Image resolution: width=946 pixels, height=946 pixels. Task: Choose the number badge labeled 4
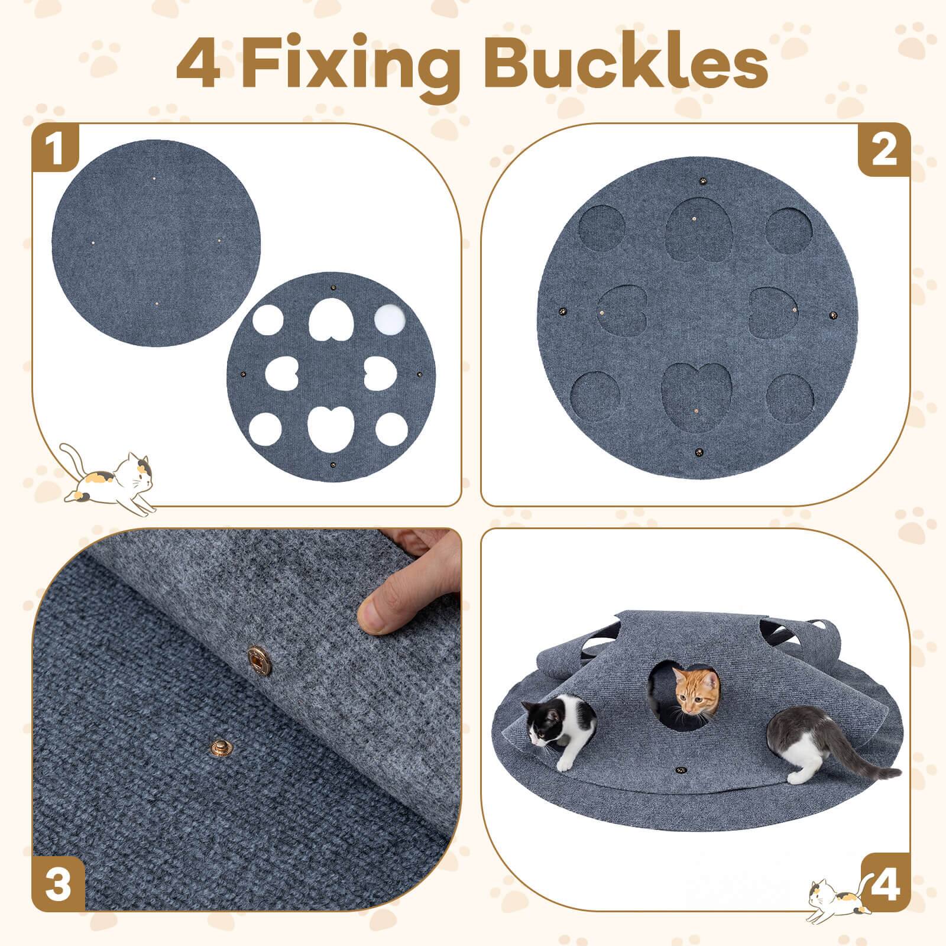(x=885, y=885)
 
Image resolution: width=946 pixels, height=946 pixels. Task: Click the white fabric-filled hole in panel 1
(x=391, y=321)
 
